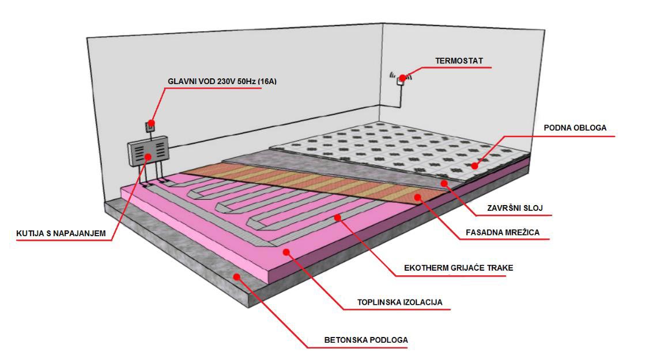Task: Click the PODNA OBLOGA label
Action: (x=575, y=128)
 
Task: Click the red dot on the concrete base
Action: (x=236, y=277)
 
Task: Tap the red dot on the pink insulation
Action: (x=286, y=252)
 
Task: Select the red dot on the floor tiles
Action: (x=475, y=166)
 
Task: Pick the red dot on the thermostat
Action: (x=402, y=78)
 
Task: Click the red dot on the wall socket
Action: (x=151, y=122)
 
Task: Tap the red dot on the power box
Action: (x=148, y=156)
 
